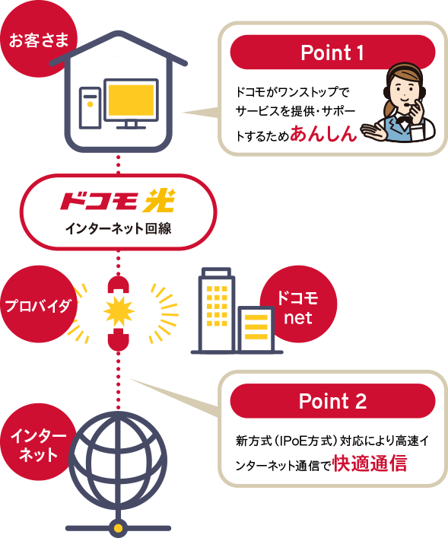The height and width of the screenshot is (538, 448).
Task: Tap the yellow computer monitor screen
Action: point(131,100)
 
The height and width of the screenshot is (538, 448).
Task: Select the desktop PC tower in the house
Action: point(91,108)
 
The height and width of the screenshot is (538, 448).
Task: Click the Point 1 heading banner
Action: point(332,53)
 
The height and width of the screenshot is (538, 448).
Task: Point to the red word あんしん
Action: point(323,133)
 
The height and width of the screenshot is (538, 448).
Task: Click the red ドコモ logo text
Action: point(100,201)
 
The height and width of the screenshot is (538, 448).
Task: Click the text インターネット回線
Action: point(119,228)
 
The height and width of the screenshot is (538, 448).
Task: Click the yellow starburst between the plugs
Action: point(119,311)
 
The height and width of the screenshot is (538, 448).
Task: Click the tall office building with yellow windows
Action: point(215,310)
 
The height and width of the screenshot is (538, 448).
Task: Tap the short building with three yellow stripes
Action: point(256,329)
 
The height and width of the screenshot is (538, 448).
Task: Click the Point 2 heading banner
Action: point(332,401)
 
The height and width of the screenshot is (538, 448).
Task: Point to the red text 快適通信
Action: point(370,463)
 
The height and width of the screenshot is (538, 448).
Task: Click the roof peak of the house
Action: point(119,33)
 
